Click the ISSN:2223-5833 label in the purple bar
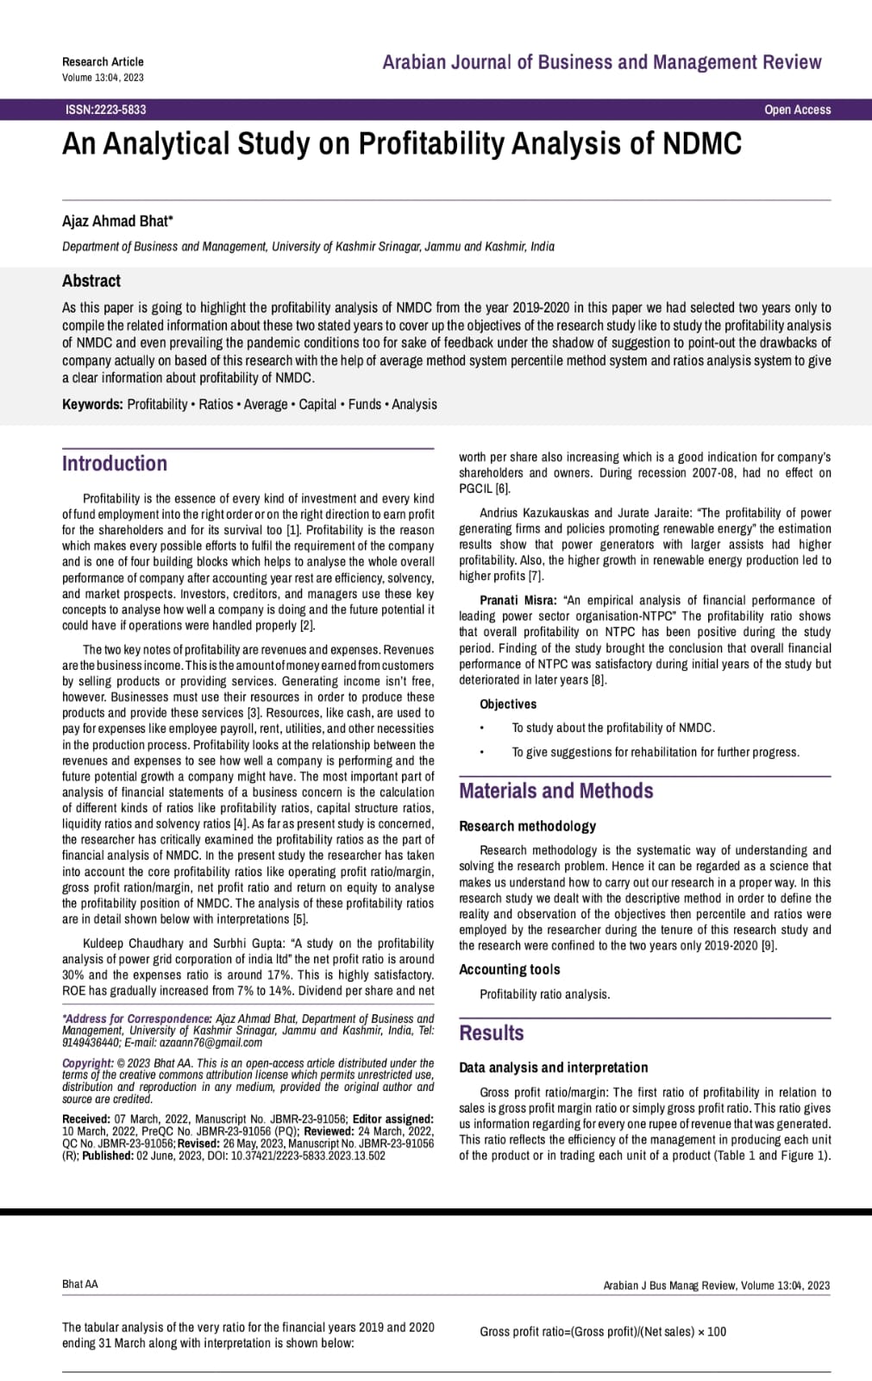[105, 110]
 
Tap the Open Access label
[797, 110]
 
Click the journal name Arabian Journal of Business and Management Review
[602, 62]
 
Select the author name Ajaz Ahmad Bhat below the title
[117, 221]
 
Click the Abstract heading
[91, 281]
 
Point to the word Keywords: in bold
[92, 404]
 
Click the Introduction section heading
[115, 463]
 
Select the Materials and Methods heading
[556, 791]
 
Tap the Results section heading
[492, 1032]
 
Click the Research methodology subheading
[527, 826]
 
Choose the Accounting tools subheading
[510, 969]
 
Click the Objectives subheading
[508, 704]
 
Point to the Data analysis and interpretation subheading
[554, 1067]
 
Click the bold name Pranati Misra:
[518, 600]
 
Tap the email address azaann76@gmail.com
[211, 1043]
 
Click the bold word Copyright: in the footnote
[88, 1063]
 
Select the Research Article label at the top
[103, 61]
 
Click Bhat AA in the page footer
[80, 1284]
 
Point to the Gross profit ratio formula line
[603, 1332]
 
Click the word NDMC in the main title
[702, 143]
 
